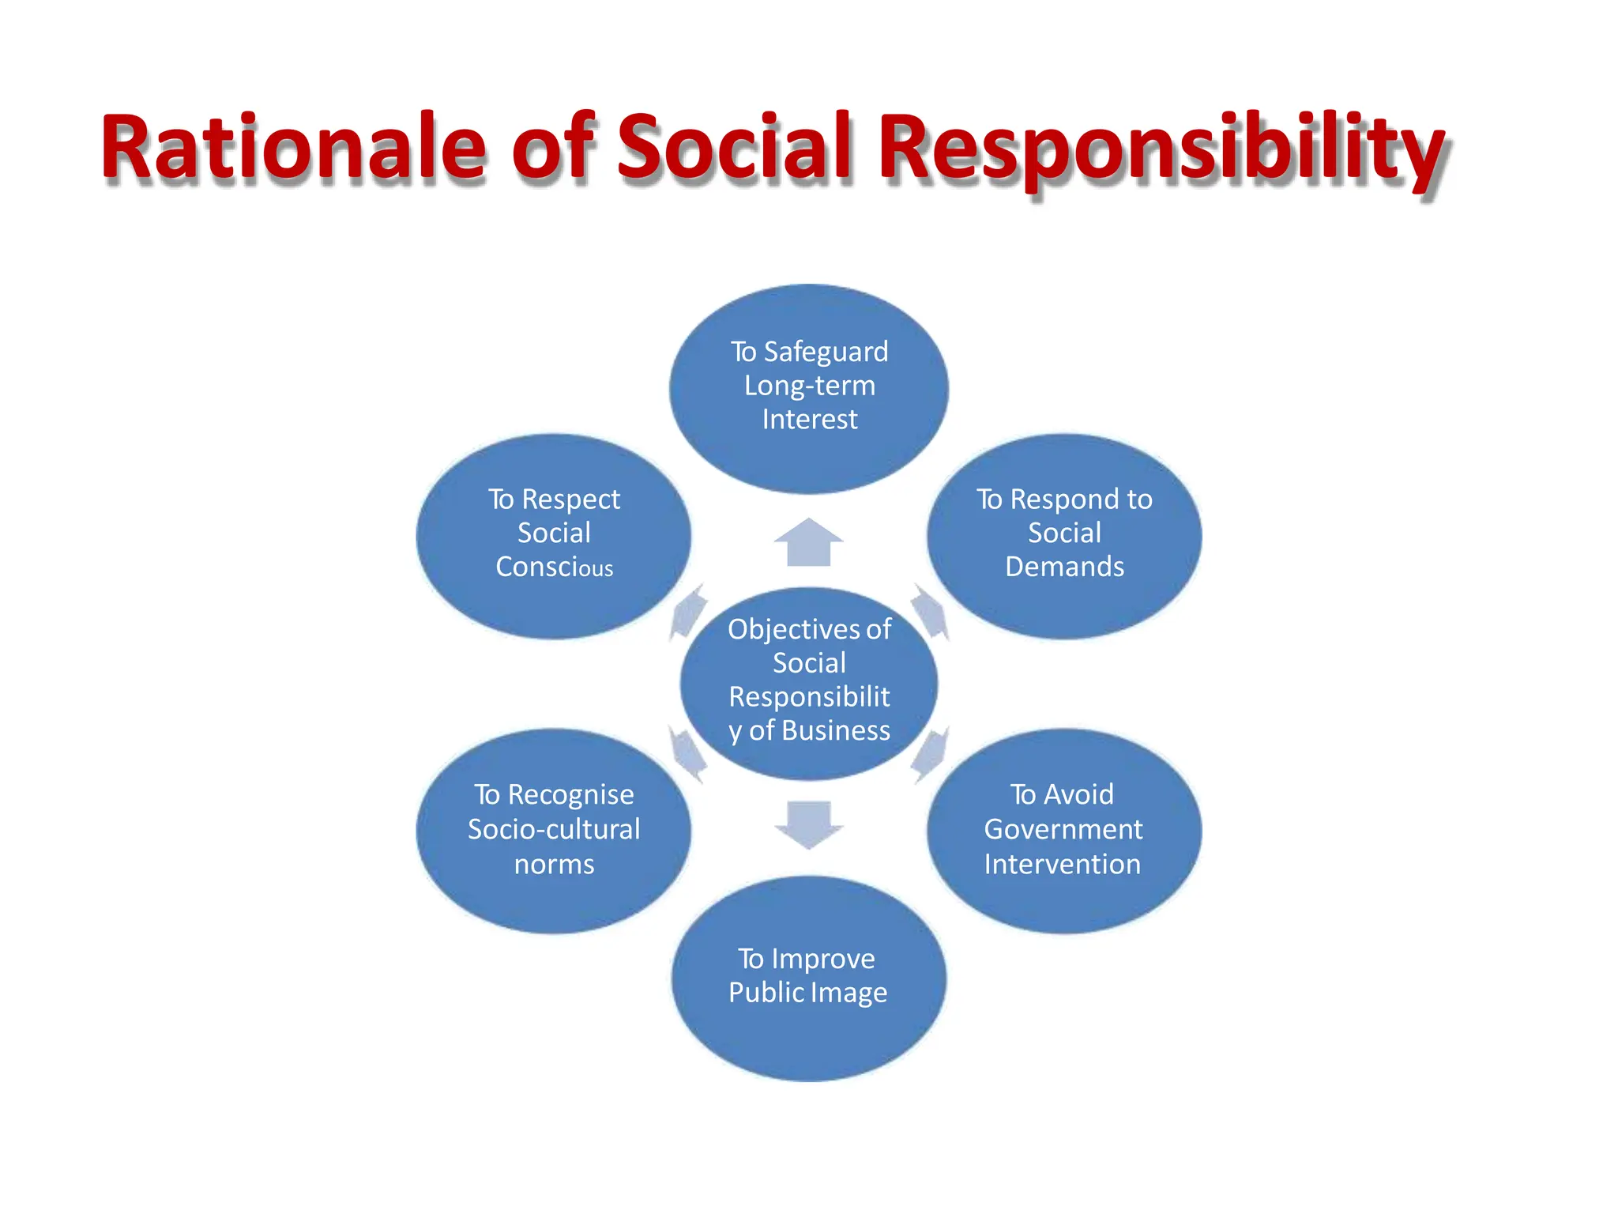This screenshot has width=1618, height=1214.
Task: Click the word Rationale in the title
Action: click(293, 148)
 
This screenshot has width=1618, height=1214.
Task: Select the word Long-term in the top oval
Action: click(810, 386)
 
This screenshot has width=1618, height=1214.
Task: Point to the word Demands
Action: click(1064, 567)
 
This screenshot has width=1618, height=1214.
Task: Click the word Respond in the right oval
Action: click(1064, 500)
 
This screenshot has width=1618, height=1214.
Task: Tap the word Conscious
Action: click(555, 567)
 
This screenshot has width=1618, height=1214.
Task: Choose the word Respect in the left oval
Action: click(570, 500)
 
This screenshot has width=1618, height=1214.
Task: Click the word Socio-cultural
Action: click(555, 829)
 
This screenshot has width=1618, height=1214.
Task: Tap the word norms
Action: click(555, 864)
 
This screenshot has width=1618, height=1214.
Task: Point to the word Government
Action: click(1063, 829)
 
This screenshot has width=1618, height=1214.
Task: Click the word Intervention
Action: click(1063, 864)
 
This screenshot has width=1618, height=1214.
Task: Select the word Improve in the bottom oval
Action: click(823, 959)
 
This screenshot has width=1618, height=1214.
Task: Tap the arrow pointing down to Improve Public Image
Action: click(809, 824)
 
